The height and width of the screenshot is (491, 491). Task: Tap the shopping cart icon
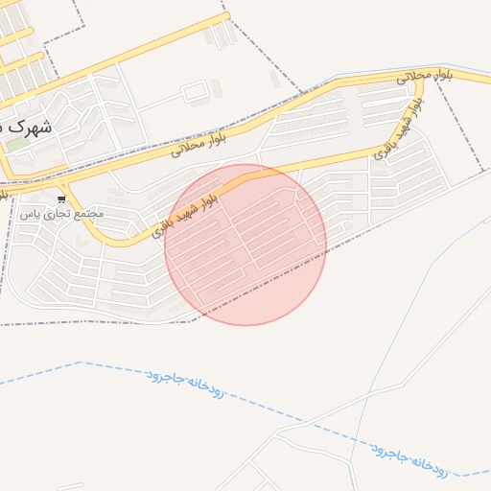(62, 199)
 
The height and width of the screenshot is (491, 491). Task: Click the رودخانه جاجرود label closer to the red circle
(187, 384)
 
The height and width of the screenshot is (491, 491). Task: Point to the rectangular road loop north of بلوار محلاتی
(195, 93)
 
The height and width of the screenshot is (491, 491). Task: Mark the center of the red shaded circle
(245, 245)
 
